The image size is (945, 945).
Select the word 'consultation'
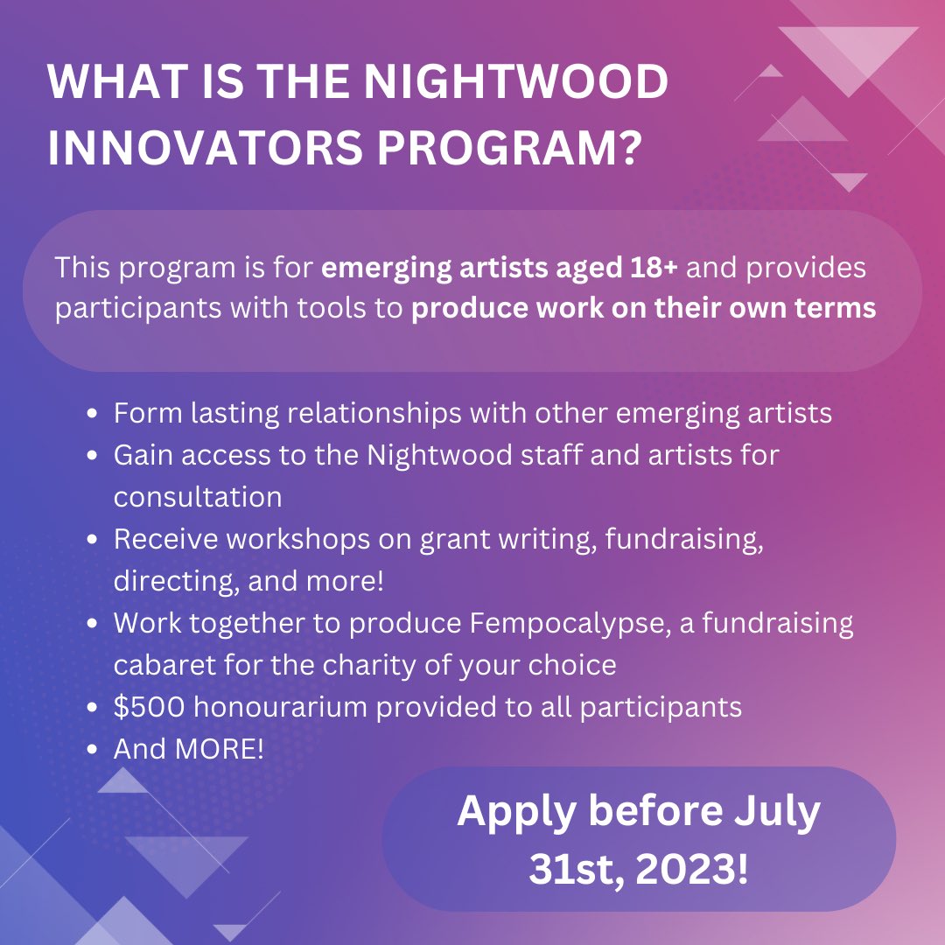(198, 497)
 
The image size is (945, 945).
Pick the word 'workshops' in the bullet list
(297, 539)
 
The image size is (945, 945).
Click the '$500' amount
(149, 706)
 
